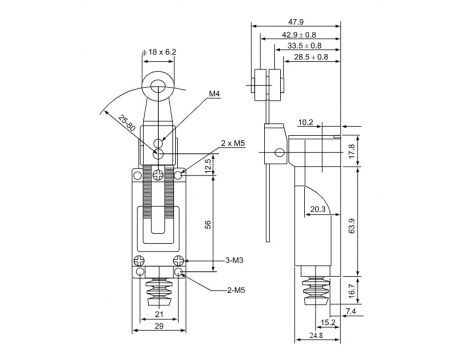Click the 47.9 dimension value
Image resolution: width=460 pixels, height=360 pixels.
click(296, 22)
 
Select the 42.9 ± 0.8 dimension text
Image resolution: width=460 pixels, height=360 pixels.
click(299, 34)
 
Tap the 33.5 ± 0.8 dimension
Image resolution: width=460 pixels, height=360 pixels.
click(304, 46)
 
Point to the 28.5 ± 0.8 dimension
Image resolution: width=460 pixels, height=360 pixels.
click(311, 57)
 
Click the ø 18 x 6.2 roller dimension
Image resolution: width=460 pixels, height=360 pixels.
click(159, 52)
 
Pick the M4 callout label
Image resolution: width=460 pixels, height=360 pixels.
click(215, 94)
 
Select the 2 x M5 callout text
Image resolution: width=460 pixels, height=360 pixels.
click(233, 143)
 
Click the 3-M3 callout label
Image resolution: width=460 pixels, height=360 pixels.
click(234, 260)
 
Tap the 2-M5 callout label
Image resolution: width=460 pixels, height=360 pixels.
click(236, 290)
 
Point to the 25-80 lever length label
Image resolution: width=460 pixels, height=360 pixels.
click(127, 123)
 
